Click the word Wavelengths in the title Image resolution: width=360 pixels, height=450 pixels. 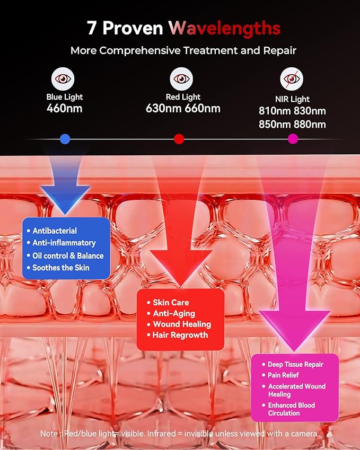(x=224, y=29)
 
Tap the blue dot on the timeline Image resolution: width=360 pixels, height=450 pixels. (x=65, y=139)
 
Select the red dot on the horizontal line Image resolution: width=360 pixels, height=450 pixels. (x=179, y=139)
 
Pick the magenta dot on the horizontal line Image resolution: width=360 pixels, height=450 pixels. (x=293, y=139)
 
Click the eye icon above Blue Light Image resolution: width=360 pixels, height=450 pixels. (x=63, y=78)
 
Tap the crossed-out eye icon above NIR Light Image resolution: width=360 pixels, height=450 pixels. (x=292, y=78)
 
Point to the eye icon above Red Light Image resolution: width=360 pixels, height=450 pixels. (x=181, y=78)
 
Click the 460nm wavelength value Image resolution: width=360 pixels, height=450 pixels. (x=65, y=109)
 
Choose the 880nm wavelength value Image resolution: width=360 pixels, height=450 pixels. (x=310, y=124)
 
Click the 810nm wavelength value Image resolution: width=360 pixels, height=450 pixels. (x=275, y=111)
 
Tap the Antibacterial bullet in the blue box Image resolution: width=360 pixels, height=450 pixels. (x=55, y=231)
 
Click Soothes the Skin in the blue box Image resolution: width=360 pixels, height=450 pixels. (x=61, y=268)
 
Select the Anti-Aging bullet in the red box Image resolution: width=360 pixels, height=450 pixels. (x=174, y=313)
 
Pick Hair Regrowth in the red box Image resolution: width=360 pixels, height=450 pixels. (x=180, y=335)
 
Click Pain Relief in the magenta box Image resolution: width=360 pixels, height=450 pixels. (x=283, y=375)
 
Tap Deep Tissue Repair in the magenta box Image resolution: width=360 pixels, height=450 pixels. (x=296, y=365)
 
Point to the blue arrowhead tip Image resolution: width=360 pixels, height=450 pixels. (x=65, y=214)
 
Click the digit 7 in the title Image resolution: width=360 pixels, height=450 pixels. (x=91, y=29)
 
